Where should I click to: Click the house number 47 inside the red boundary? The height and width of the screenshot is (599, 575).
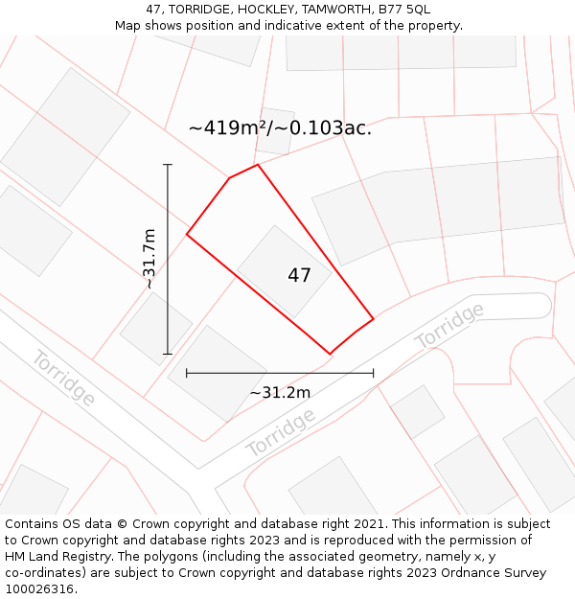click(299, 276)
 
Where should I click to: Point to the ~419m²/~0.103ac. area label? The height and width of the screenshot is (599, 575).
click(280, 127)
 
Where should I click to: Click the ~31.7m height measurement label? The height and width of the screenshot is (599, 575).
click(149, 259)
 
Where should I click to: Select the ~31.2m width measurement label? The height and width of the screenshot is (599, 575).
click(280, 392)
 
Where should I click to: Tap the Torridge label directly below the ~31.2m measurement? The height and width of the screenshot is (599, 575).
click(281, 432)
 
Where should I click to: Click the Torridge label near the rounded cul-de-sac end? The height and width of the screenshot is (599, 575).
click(449, 325)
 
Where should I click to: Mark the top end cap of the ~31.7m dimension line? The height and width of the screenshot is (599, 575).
click(168, 165)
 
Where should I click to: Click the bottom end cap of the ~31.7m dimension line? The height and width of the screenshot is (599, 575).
click(168, 354)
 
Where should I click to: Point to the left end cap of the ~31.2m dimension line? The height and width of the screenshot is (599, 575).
click(187, 373)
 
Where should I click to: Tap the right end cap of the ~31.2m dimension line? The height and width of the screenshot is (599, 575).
click(373, 373)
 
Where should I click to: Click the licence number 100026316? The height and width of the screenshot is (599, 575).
click(39, 589)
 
